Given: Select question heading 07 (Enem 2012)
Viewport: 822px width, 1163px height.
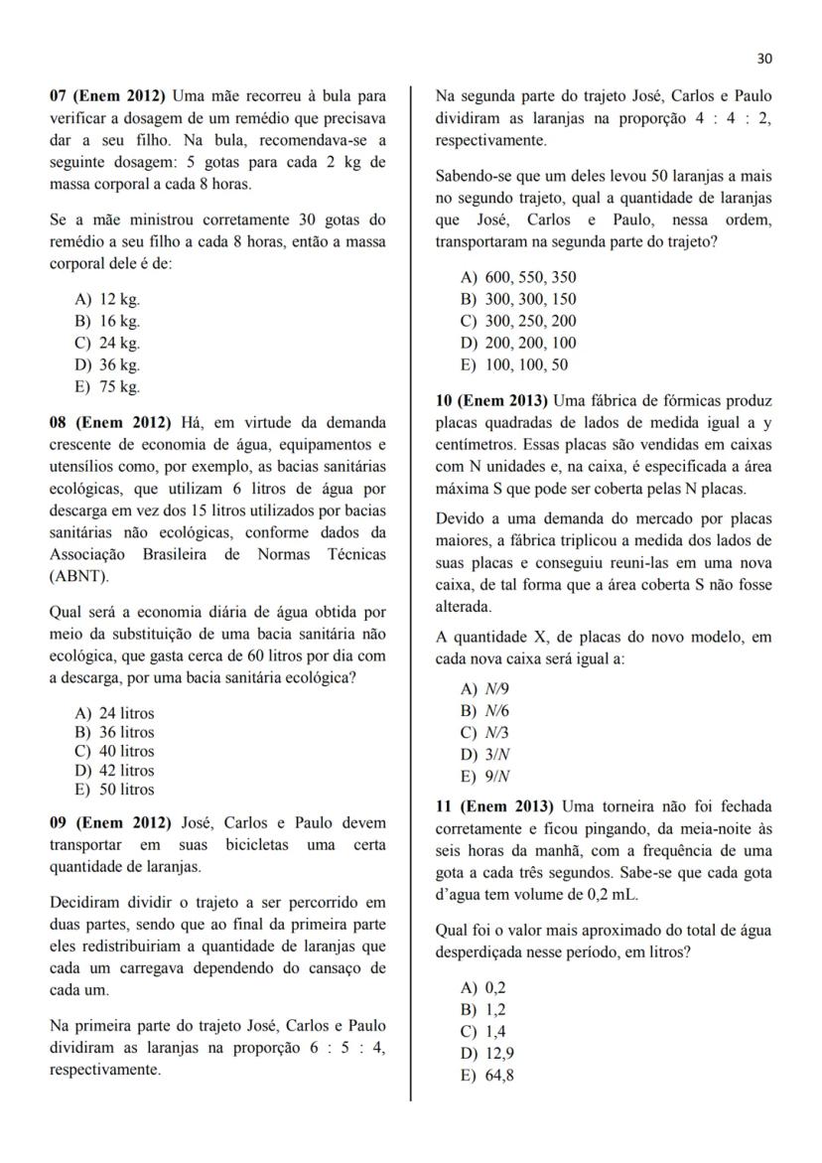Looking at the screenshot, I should (108, 97).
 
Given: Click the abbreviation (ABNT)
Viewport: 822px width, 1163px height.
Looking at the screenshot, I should (80, 575).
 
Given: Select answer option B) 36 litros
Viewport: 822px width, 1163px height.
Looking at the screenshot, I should (114, 732).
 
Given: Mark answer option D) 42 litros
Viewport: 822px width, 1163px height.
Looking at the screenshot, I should (114, 770).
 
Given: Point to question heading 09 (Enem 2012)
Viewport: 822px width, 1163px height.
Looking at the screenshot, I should (109, 823).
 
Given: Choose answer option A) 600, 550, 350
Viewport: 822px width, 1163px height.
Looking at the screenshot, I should (518, 277).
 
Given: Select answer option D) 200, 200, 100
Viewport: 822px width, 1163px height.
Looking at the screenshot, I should (518, 343).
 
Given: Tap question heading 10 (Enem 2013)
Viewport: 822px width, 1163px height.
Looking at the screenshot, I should (490, 401).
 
